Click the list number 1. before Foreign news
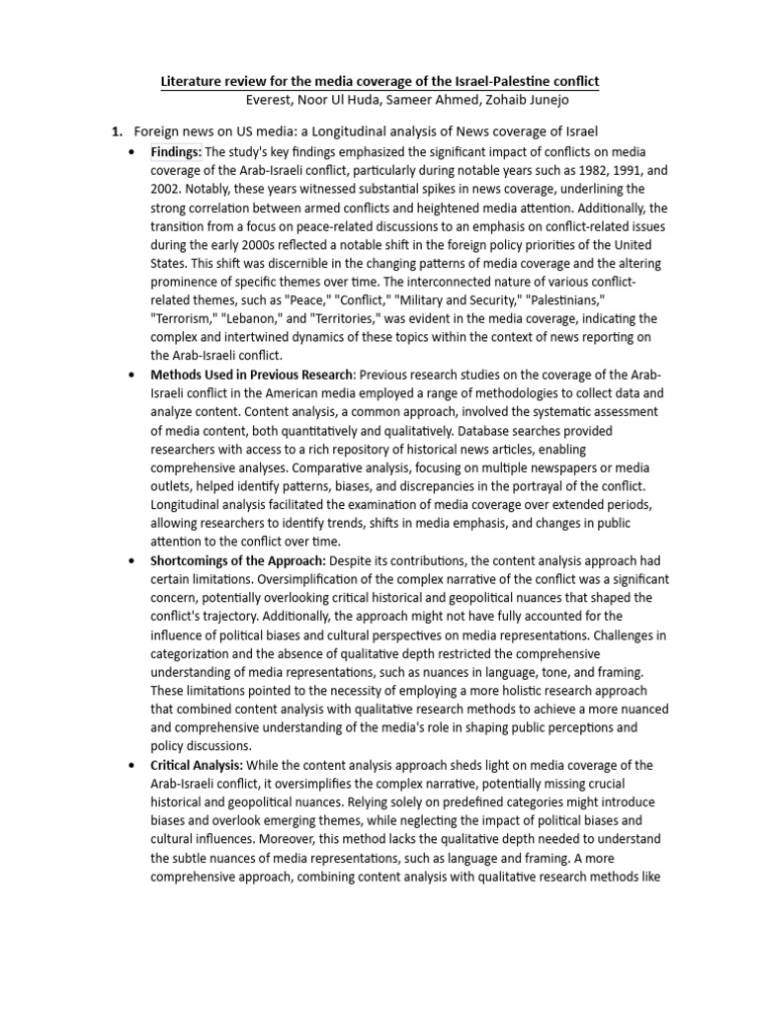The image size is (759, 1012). tap(116, 131)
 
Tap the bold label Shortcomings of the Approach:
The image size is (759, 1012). tap(237, 561)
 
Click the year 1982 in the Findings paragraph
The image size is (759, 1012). tap(564, 170)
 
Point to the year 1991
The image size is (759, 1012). tap(604, 170)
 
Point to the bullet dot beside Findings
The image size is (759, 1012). tap(132, 152)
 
